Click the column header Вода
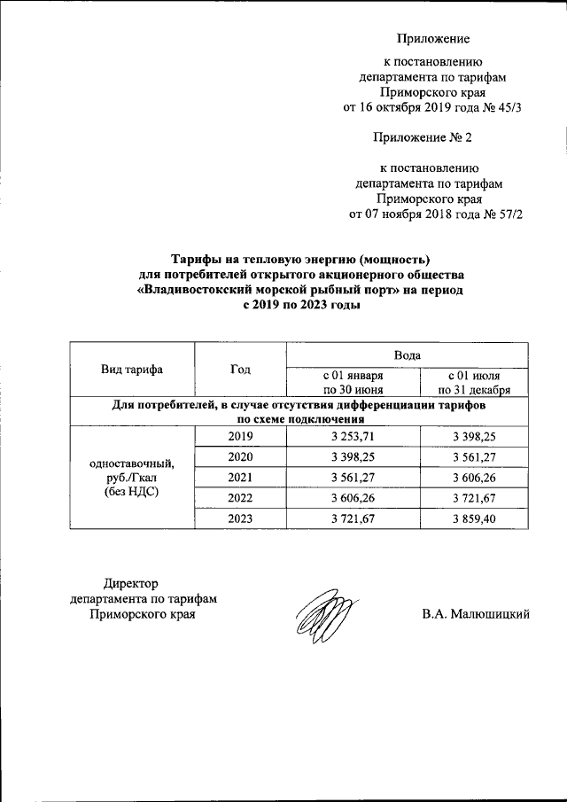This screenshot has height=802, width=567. [x=408, y=354]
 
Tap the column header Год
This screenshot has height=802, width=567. [x=240, y=369]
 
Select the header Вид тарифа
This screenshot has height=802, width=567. [x=132, y=369]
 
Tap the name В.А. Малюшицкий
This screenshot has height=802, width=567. [x=476, y=613]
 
